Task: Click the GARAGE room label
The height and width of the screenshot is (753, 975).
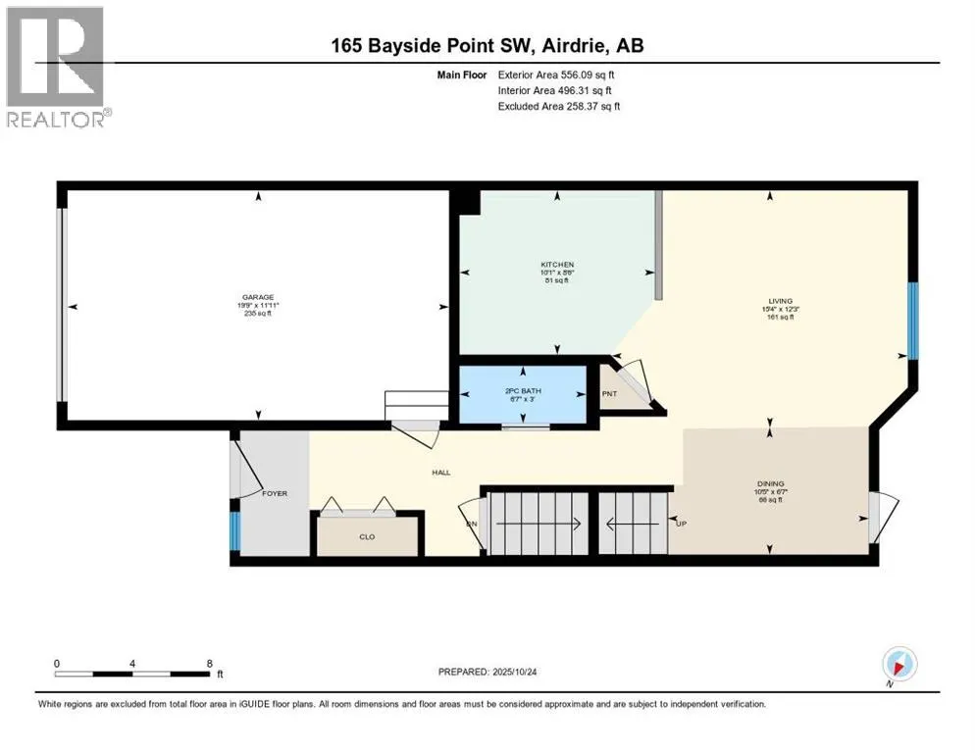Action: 259,297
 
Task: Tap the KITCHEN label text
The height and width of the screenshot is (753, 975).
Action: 557,265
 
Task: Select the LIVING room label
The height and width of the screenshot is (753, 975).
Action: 781,302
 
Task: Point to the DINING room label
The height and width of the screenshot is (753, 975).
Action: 770,483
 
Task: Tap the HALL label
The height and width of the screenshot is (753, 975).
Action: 441,473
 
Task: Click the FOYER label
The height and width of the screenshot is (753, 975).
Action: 275,493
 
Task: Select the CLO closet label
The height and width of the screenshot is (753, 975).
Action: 367,537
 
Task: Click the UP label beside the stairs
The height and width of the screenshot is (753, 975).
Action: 681,524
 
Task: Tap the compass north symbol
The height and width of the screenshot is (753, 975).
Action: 898,665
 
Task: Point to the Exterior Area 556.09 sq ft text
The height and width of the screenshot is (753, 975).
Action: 558,75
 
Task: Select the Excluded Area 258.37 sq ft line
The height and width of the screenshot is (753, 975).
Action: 559,106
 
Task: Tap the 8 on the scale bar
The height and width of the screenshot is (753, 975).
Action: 209,663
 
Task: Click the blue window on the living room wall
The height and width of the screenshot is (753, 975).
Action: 912,321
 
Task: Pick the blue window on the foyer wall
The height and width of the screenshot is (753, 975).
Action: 234,529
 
